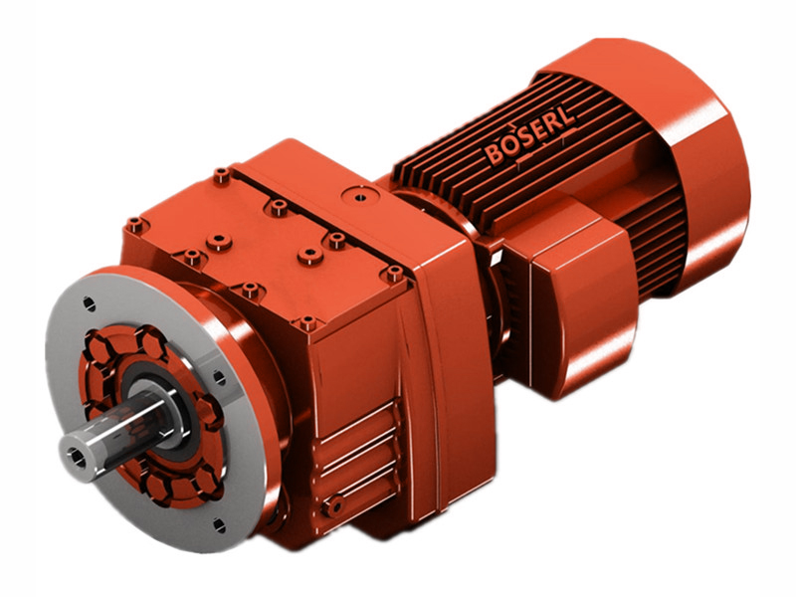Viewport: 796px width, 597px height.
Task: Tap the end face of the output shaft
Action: tap(77, 456)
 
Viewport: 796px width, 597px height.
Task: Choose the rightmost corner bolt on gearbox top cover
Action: tap(395, 272)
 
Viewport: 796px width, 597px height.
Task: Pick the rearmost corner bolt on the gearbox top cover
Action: tap(221, 176)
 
